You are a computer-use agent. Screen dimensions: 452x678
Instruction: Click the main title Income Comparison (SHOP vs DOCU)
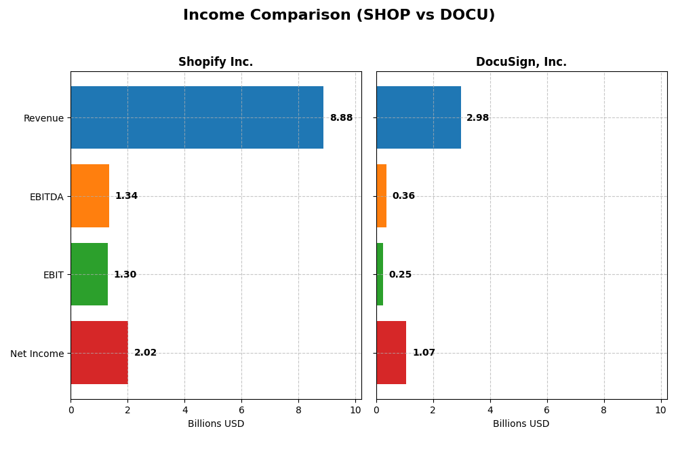pos(339,15)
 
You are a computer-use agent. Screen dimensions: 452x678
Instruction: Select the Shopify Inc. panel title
pos(216,62)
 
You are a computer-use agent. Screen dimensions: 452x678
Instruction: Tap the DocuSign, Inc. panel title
pos(521,62)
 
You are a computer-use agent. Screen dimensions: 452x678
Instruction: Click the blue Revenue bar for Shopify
pos(197,117)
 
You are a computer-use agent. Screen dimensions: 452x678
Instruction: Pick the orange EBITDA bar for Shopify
pos(89,195)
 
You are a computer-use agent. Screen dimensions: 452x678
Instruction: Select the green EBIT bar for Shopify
pos(89,274)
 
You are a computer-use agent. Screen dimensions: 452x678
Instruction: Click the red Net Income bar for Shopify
pos(99,352)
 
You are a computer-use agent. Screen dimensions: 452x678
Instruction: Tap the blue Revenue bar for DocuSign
pos(418,117)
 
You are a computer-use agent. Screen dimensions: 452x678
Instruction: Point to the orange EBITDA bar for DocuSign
pos(381,195)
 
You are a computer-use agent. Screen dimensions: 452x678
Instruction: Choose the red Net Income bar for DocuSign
pos(391,352)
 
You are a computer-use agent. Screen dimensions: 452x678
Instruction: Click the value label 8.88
pos(341,118)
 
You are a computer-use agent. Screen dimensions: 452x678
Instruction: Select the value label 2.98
pos(477,118)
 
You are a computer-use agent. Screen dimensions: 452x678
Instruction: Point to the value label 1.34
pos(126,196)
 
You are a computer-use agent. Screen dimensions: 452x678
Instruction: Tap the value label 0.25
pos(400,275)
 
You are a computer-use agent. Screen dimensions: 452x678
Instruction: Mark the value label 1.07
pos(424,353)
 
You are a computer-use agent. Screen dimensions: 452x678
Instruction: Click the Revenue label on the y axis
pos(43,119)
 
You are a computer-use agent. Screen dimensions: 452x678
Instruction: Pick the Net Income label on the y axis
pos(37,354)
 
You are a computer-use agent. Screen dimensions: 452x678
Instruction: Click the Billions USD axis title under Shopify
pos(216,424)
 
